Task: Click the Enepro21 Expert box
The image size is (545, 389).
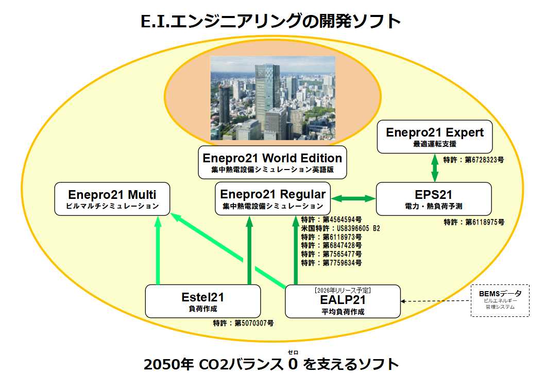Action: click(435, 137)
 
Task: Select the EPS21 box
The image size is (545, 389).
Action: click(434, 199)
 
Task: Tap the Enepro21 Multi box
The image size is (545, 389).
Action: click(112, 198)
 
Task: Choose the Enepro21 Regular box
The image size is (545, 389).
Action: click(272, 198)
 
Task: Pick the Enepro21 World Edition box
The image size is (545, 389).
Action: click(272, 162)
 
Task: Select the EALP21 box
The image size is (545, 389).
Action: click(343, 301)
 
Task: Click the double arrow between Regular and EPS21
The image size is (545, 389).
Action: click(353, 198)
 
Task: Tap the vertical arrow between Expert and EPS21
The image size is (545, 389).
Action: click(435, 168)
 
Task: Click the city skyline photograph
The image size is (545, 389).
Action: click(272, 98)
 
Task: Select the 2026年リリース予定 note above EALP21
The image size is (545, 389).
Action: click(343, 290)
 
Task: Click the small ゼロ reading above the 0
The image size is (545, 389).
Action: click(293, 352)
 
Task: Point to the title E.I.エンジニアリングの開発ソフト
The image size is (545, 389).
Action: click(271, 21)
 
